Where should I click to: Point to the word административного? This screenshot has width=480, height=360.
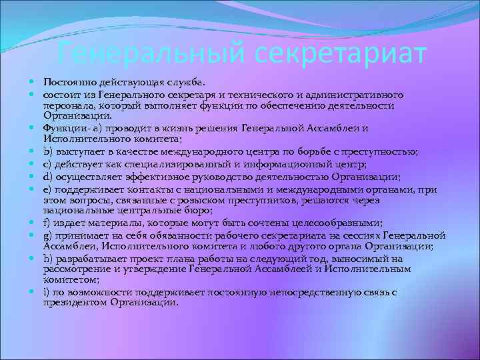coord(372,95)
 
